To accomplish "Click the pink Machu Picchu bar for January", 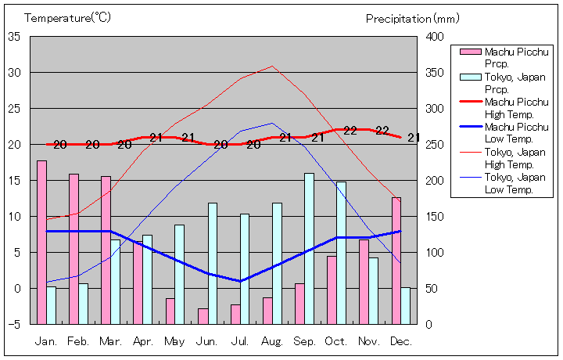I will pos(41,242).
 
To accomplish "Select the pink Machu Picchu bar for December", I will pos(396,261).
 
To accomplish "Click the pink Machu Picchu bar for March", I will pos(106,250).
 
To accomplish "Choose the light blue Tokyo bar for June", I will pos(212,263).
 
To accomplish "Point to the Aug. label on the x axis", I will pos(272,341).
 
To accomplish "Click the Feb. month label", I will pos(78,341).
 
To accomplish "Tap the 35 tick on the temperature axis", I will pos(15,37).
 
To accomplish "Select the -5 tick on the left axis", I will pos(15,324).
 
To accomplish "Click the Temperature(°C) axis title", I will pos(69,18).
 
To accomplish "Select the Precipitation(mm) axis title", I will pos(412,18).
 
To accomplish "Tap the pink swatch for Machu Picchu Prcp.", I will pos(469,52).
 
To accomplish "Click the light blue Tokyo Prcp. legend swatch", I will pos(469,77).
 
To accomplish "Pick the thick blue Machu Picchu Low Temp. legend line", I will pos(469,127).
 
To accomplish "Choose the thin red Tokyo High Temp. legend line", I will pos(469,152).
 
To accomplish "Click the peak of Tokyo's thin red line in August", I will pos(272,66).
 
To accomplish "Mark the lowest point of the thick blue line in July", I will pos(240,281).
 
